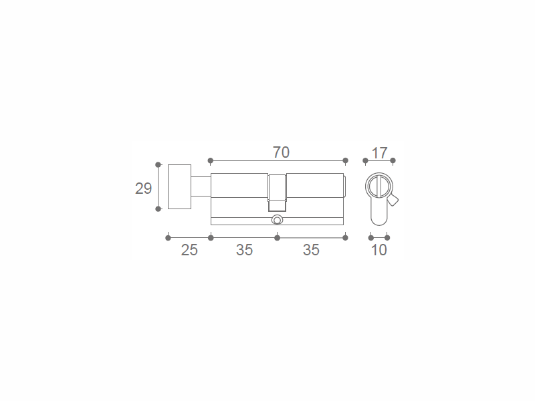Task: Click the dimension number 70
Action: tap(281, 152)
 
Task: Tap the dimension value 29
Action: tap(143, 188)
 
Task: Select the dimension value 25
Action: tap(189, 250)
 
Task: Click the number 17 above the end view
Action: tap(379, 153)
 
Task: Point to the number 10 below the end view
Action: tap(379, 250)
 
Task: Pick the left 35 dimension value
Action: tap(244, 250)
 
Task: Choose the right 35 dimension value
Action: tap(311, 250)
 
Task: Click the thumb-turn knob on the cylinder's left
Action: tap(179, 187)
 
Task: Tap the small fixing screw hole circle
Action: tap(277, 220)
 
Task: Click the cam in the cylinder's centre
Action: tap(277, 193)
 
